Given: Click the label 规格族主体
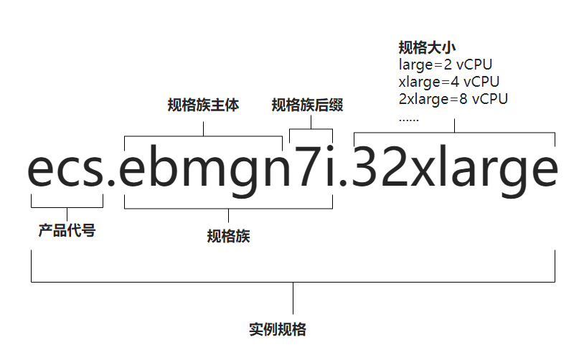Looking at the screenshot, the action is (203, 105).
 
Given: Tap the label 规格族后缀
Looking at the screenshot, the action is (307, 105).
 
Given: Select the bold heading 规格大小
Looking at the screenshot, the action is (428, 48).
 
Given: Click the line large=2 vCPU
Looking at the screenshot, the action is (445, 65).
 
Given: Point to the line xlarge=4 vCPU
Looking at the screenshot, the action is (448, 81).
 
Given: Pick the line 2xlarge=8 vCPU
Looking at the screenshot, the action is (453, 98).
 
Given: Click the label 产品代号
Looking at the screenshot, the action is (67, 231).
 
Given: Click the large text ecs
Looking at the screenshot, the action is (67, 170).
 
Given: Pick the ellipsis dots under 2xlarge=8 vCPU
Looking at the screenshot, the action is (408, 118).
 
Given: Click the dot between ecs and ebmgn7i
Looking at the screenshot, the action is (112, 186).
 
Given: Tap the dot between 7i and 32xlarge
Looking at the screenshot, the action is (343, 186).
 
